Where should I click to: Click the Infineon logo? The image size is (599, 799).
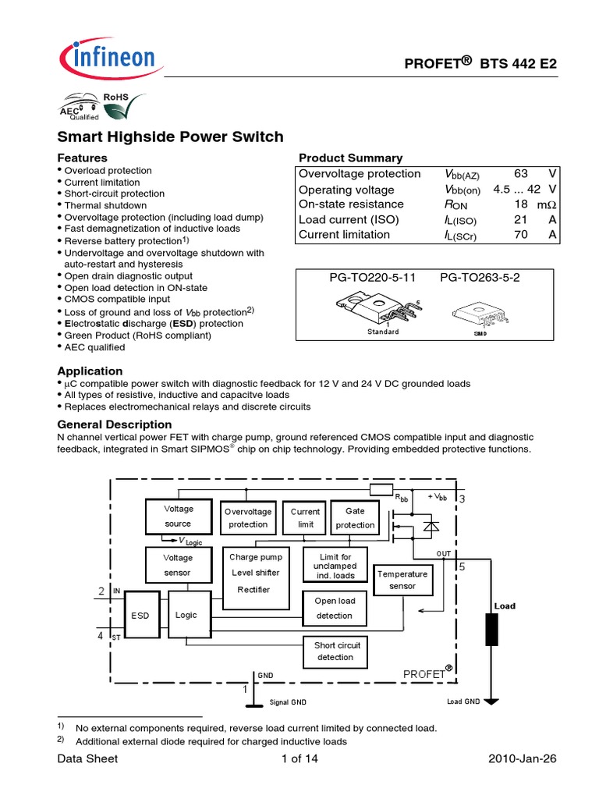tap(107, 59)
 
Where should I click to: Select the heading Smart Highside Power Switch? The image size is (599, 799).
tap(171, 137)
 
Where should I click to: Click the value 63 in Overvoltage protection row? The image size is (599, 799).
tap(522, 174)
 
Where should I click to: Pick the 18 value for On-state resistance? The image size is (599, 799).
tap(522, 204)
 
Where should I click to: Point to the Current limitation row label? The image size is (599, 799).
tap(344, 234)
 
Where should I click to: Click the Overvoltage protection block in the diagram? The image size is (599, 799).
tap(248, 518)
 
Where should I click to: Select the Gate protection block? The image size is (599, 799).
tap(355, 518)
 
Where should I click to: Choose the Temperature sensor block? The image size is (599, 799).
tap(402, 580)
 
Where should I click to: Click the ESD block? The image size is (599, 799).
tap(140, 616)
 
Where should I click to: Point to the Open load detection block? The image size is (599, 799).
tap(335, 608)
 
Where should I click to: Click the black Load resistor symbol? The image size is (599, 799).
tap(491, 630)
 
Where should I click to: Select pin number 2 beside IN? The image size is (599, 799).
tap(101, 592)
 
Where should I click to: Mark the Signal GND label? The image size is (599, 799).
tap(288, 703)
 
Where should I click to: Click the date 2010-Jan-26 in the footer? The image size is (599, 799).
tap(522, 759)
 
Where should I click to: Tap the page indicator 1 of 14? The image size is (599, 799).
tap(299, 759)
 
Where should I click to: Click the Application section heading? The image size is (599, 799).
tap(90, 371)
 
